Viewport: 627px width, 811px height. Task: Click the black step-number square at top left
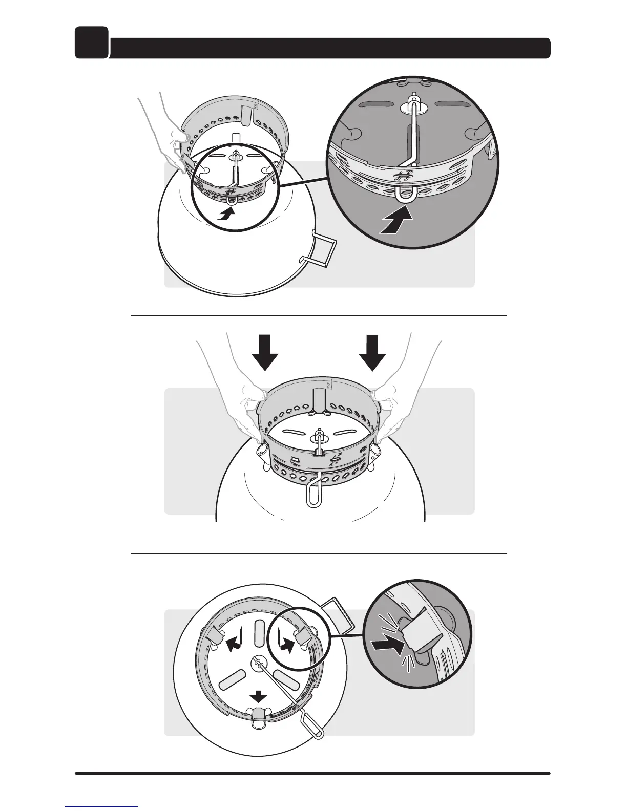coord(92,42)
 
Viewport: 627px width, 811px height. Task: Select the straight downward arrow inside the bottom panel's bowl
coord(258,696)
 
